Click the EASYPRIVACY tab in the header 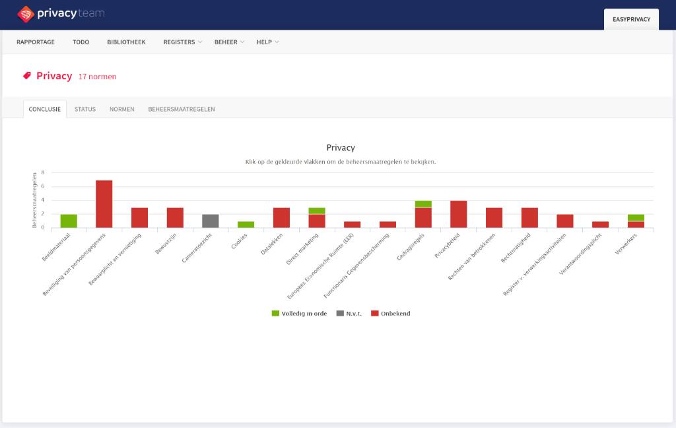[631, 19]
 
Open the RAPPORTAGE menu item [36, 42]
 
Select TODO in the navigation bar [81, 42]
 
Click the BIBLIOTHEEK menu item [126, 42]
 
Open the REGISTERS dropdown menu [182, 42]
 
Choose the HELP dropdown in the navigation [268, 42]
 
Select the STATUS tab [85, 109]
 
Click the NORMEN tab [121, 109]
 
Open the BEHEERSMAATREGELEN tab [182, 109]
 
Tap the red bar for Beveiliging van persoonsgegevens [104, 203]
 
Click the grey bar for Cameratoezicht [211, 221]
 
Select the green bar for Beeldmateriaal [69, 221]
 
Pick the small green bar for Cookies [246, 225]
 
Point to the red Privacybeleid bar [458, 214]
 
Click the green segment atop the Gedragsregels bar [423, 204]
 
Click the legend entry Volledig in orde [299, 314]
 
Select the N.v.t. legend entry [349, 314]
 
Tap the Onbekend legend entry [391, 314]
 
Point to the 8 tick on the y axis [43, 172]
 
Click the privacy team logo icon [26, 15]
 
